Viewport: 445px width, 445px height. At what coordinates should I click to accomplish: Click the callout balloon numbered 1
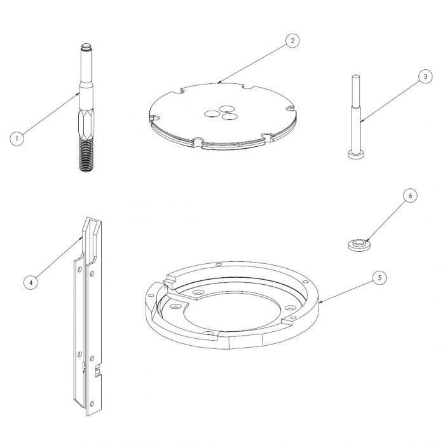pos(17,137)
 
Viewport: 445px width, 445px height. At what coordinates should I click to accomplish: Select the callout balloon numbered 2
pos(291,41)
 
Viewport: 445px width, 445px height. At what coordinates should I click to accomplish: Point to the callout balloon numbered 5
pos(380,278)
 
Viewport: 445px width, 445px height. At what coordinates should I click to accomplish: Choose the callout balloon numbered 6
pos(409,196)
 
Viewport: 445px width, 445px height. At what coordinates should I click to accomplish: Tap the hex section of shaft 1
pos(85,119)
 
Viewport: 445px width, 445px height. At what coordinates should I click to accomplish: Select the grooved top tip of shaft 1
pos(86,48)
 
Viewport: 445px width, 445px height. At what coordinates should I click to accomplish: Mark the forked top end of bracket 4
pos(92,226)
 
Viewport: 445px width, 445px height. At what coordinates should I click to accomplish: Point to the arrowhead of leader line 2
pos(219,83)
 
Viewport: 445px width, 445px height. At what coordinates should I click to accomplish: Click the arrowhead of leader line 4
pos(80,237)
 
